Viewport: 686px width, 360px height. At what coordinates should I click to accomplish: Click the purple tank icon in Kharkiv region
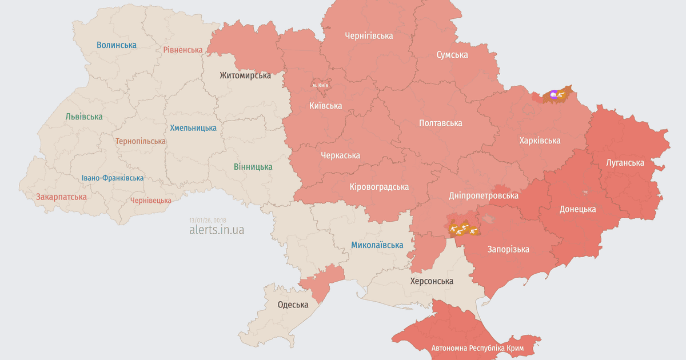tap(553, 94)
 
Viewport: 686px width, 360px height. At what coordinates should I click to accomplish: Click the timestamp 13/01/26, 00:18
tap(208, 220)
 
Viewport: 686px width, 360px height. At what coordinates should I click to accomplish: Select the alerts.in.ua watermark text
tap(217, 230)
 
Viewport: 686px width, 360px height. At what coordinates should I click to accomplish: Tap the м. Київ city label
tap(320, 85)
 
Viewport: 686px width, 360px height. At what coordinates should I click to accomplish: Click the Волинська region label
tap(117, 45)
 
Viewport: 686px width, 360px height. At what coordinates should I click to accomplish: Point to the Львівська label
tap(84, 117)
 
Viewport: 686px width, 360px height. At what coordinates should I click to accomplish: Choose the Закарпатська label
tap(61, 197)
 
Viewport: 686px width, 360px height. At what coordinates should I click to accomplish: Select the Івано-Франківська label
tap(113, 178)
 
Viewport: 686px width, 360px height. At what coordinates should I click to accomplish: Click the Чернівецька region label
tap(150, 200)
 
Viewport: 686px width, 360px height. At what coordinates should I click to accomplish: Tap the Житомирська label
tap(245, 75)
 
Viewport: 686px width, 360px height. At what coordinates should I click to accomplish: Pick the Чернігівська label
tap(369, 35)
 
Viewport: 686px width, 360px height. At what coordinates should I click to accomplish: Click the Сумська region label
tap(452, 55)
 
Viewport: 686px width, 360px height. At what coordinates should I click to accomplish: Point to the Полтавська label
tap(440, 123)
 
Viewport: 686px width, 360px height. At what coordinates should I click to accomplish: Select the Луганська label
tap(625, 162)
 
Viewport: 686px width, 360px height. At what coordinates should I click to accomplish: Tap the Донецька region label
tap(577, 209)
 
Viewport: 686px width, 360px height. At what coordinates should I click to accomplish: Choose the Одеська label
tap(293, 305)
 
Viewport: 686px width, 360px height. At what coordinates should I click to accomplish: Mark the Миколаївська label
tap(377, 245)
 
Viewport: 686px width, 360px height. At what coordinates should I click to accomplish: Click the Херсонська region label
tap(432, 281)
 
